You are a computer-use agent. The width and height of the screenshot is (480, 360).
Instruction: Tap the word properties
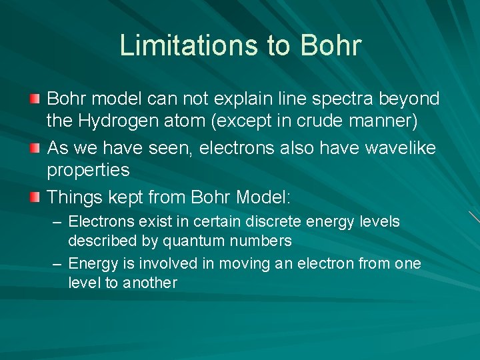(x=88, y=171)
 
